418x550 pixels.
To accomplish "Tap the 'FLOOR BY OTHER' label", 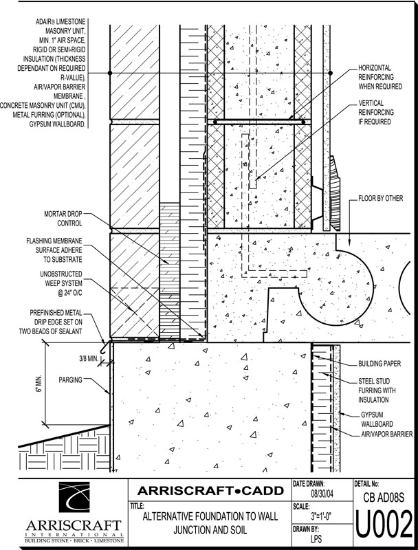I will click(x=382, y=204).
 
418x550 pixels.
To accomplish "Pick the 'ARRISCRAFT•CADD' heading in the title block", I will click(x=209, y=491).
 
